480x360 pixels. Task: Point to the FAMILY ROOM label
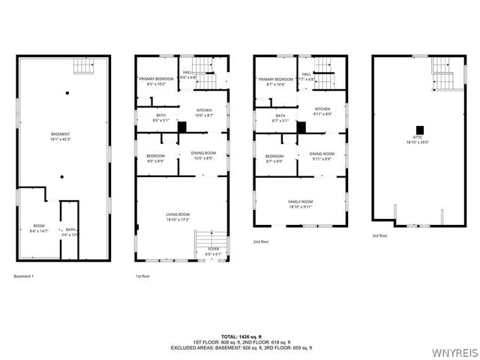pos(301,202)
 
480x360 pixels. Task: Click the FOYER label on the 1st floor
pos(214,250)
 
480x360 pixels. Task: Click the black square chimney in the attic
pos(419,128)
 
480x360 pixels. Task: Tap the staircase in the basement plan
pos(82,67)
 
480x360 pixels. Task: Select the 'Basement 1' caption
pos(24,276)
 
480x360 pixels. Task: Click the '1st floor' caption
pos(144,276)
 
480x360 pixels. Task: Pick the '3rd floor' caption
pos(380,235)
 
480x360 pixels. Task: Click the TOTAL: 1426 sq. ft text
pos(240,336)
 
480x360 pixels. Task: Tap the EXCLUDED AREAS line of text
pos(240,348)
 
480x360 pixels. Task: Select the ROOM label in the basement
pos(38,226)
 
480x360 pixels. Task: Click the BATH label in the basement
pos(70,229)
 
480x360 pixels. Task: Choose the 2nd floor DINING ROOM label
pos(321,154)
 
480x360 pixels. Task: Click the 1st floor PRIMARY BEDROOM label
pos(156,79)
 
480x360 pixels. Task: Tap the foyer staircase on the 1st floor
pos(202,240)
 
